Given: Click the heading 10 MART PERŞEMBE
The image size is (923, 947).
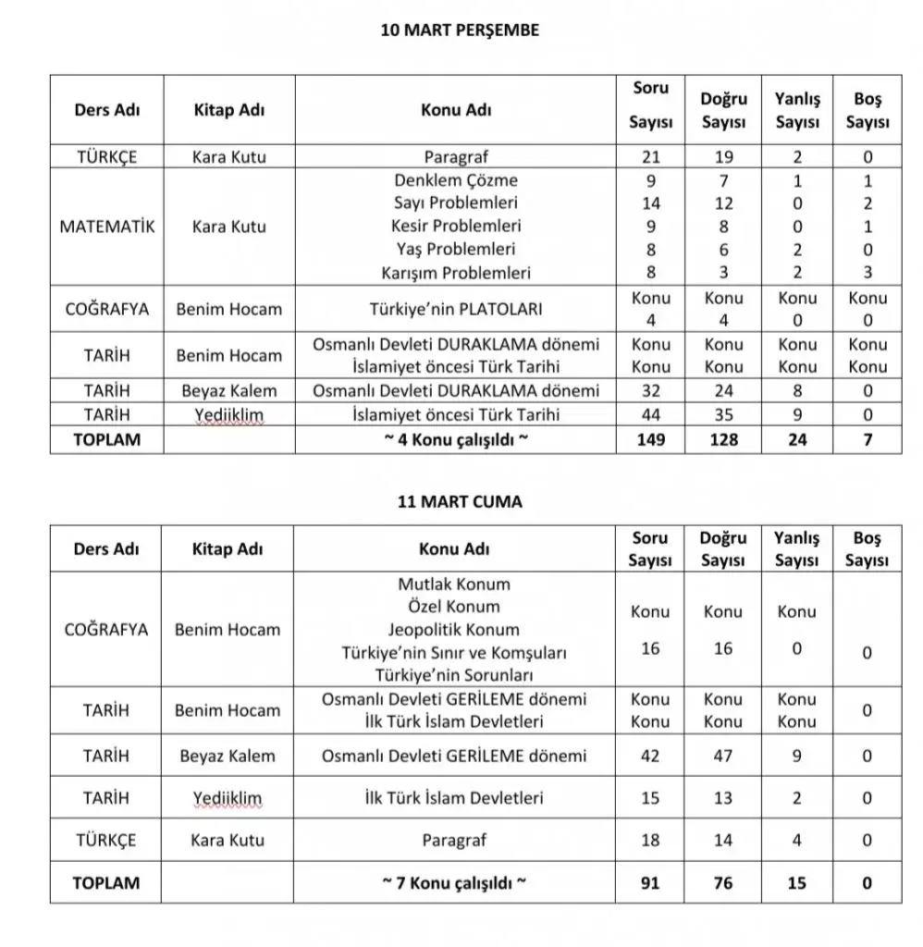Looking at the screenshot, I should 460,30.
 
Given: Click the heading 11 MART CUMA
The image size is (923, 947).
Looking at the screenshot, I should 460,502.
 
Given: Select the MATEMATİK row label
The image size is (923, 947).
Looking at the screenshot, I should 106,227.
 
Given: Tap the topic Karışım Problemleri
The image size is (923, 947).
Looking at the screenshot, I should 456,273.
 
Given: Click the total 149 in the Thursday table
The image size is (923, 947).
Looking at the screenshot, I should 651,440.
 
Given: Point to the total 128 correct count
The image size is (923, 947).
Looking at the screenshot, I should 723,440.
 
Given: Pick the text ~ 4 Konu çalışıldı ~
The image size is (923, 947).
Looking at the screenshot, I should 456,440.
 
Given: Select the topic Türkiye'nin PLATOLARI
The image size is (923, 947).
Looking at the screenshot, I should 456,309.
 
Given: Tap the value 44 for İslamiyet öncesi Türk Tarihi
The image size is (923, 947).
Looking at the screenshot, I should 651,415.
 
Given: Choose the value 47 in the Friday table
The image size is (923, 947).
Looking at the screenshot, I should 723,756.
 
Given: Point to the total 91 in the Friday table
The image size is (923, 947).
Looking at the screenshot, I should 650,882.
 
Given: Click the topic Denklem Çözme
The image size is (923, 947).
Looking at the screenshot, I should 456,180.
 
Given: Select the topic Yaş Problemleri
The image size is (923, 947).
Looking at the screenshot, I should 456,249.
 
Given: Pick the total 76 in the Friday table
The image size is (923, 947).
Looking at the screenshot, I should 723,882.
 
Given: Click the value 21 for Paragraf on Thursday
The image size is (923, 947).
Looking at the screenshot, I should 651,156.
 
